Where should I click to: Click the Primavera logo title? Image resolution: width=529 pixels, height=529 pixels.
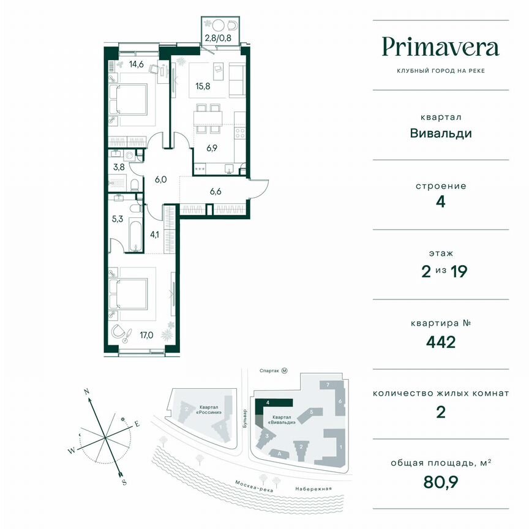(441, 47)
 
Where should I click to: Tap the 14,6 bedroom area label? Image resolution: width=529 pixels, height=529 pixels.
(135, 63)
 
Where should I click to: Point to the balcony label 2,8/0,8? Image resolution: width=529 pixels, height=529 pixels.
(219, 37)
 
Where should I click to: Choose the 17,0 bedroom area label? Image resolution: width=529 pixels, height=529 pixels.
(147, 336)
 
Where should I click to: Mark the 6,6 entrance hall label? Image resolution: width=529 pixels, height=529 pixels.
(216, 191)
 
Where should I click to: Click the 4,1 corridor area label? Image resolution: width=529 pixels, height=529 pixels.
(154, 233)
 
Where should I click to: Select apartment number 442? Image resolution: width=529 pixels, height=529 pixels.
(441, 341)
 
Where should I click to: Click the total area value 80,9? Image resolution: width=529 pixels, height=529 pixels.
(441, 482)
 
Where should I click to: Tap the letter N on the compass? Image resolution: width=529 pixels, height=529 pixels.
(88, 391)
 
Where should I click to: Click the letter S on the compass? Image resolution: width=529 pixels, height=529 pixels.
(124, 482)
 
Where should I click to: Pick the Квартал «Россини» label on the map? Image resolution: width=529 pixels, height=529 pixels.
(209, 409)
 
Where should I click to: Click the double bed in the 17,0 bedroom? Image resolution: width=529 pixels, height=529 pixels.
(129, 293)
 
